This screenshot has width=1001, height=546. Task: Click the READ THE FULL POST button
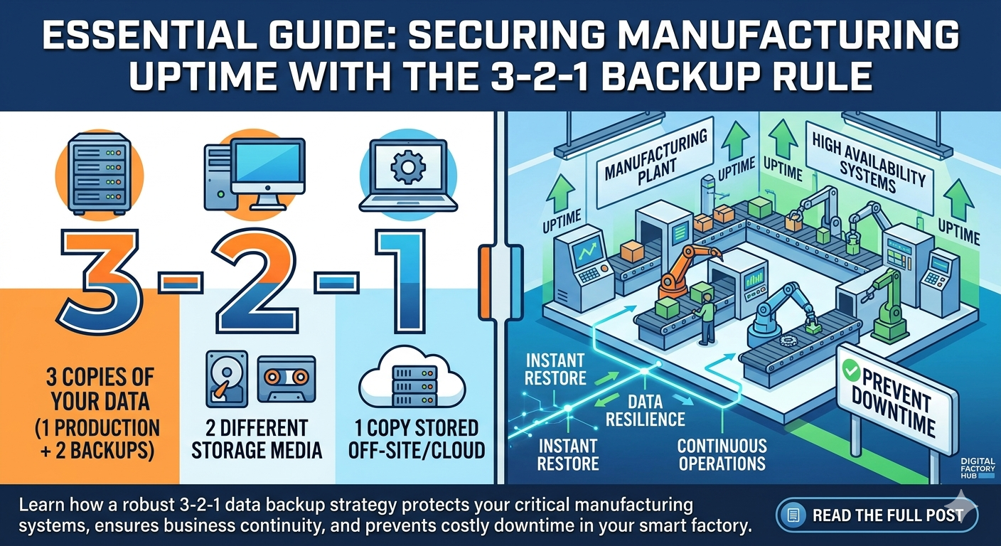click(877, 515)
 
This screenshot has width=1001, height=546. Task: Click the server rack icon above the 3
click(97, 173)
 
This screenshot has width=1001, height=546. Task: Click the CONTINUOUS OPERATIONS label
click(722, 455)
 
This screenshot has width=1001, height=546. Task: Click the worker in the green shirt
click(706, 321)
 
